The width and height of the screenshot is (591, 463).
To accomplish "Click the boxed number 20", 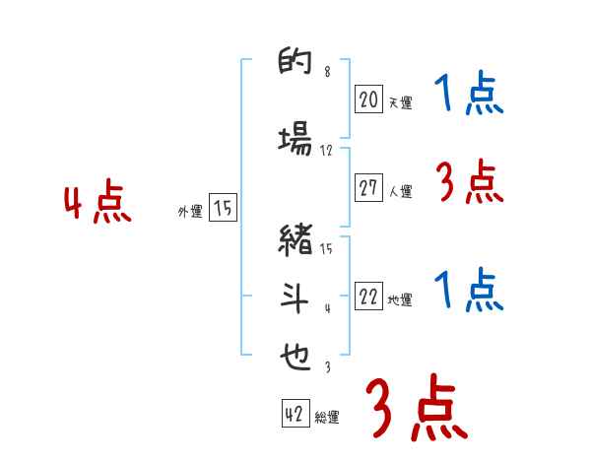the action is tap(368, 99).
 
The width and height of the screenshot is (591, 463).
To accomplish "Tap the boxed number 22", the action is tap(368, 298).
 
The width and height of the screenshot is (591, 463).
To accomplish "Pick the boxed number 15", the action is tap(223, 207).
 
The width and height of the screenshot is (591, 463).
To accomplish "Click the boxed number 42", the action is tap(295, 414).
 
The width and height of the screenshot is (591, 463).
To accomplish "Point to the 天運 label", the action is tap(401, 101).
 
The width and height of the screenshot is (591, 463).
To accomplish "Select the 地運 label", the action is tap(401, 300).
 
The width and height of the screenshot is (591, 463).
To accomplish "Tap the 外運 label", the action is tap(190, 210).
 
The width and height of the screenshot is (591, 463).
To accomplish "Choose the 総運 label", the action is tap(327, 417).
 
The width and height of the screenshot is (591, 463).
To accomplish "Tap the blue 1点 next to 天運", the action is tap(469, 95).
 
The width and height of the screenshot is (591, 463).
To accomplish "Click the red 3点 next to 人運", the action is tap(469, 182).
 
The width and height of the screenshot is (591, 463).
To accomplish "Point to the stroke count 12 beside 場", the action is tap(327, 150).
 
